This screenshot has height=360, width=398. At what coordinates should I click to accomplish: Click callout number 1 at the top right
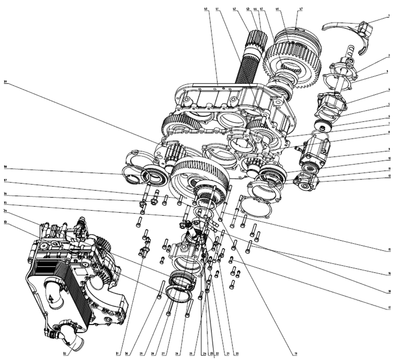389,16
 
